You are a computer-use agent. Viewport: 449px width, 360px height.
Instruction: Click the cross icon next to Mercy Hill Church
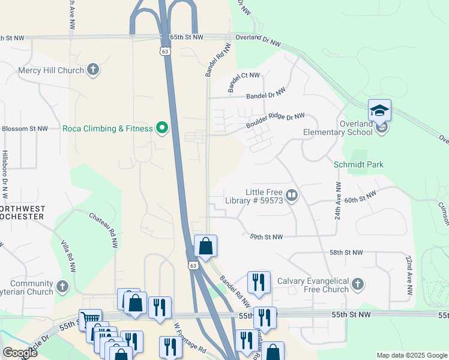coord(92,70)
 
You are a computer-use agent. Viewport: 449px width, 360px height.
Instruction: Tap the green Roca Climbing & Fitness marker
coord(161,128)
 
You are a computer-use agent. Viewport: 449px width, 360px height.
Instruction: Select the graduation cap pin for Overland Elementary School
coord(379,111)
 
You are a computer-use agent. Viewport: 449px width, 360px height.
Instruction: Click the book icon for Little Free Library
coord(292,196)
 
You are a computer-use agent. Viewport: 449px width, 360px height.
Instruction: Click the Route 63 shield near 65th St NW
coord(164,52)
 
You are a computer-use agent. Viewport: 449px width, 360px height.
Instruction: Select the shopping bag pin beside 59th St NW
coord(205,247)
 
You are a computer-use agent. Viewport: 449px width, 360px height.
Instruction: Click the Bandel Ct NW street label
coord(244,83)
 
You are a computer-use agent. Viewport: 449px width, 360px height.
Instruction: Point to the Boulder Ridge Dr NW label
coord(275,121)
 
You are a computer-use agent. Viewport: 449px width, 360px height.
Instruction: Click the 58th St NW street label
coord(346,253)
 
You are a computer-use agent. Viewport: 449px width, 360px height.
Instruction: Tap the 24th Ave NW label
coord(338,201)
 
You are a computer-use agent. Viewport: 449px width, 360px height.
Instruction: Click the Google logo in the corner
coord(20,353)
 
